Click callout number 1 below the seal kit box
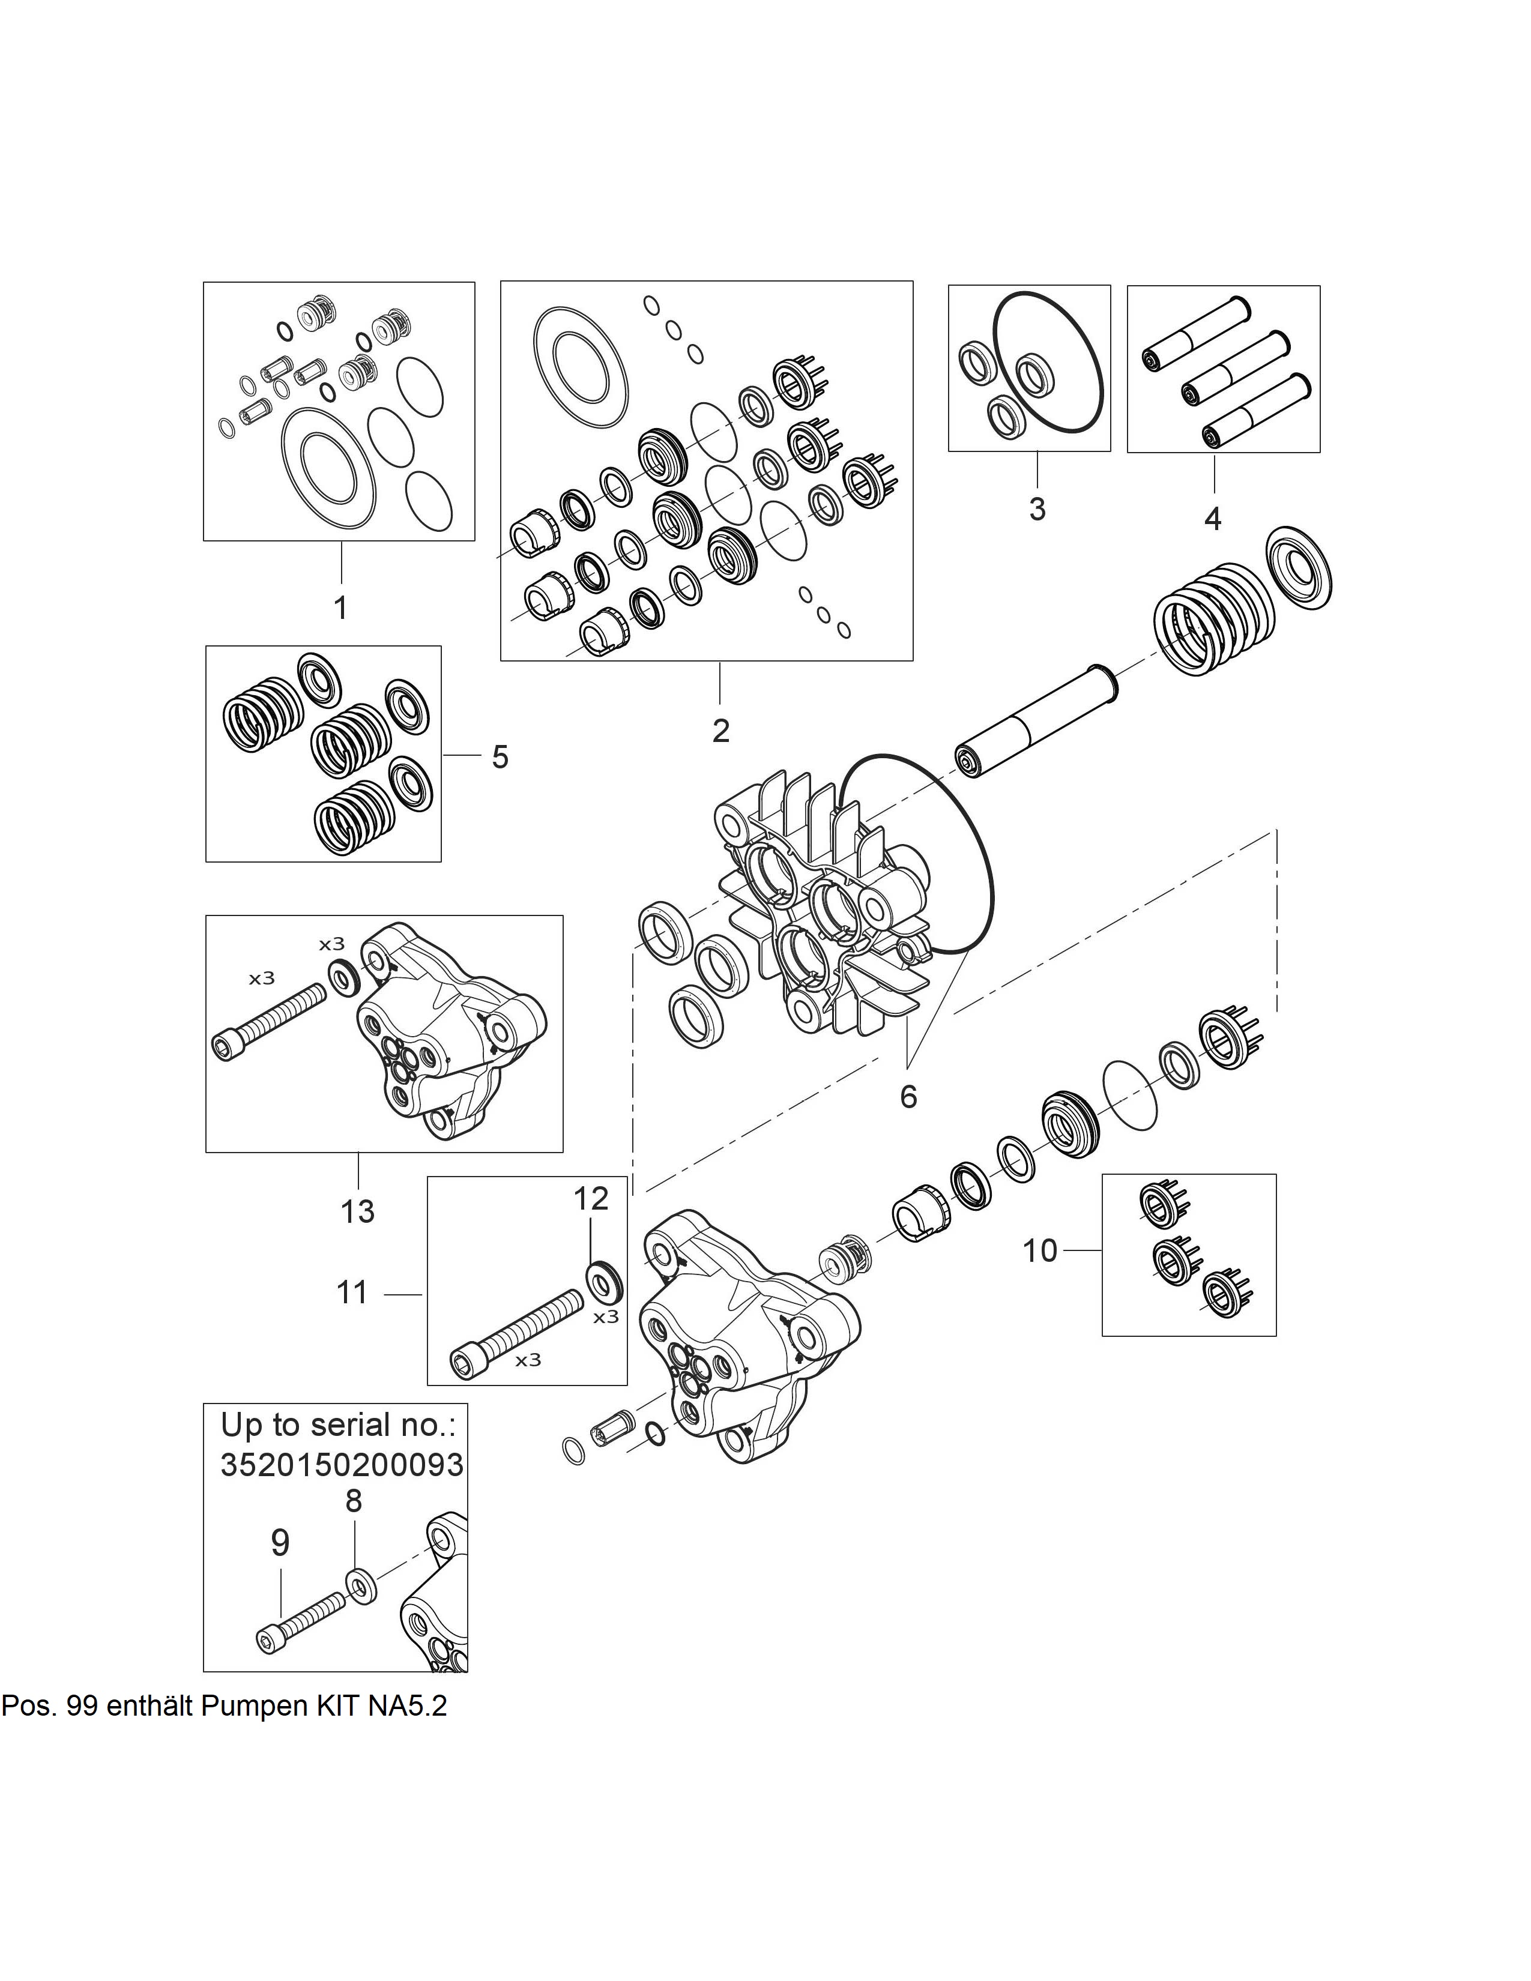[341, 607]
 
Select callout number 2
[721, 730]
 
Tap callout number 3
[1037, 509]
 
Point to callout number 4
[1213, 519]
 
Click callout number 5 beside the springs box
[500, 756]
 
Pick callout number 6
[908, 1097]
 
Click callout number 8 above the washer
[354, 1501]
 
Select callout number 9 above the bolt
[280, 1542]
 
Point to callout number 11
[353, 1292]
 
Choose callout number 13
[357, 1211]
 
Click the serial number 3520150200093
[342, 1464]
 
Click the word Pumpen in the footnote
[254, 1706]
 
